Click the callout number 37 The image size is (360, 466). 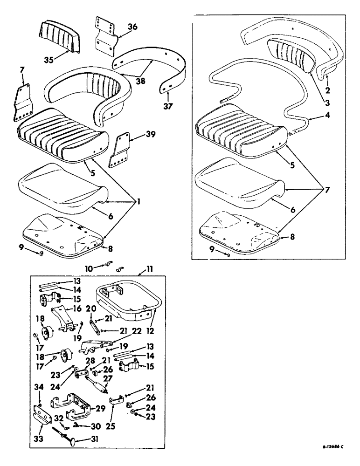[x=167, y=106]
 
